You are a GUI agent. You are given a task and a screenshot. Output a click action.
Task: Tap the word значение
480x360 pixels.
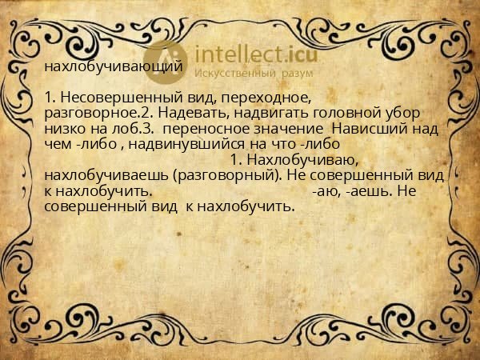[x=288, y=129]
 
